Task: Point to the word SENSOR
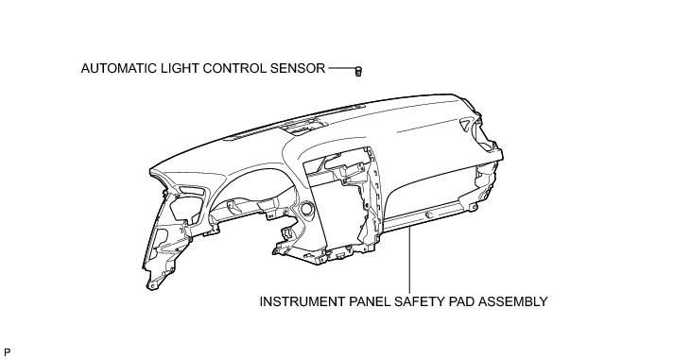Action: point(298,68)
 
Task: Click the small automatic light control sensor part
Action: point(358,71)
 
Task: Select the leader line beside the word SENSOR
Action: point(342,68)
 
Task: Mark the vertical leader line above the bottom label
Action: point(409,261)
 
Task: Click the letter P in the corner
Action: point(7,352)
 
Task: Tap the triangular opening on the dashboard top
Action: point(465,124)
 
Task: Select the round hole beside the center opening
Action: point(307,209)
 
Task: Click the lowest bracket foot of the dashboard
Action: point(152,284)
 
